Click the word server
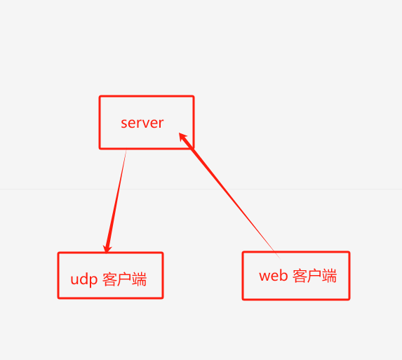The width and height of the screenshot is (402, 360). (x=142, y=123)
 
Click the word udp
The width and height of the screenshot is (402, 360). (x=84, y=279)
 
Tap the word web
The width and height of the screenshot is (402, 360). (x=273, y=276)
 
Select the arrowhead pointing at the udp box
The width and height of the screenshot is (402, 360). (x=107, y=248)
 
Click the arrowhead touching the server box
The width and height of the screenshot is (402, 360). (x=183, y=137)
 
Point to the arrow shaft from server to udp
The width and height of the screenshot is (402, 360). (x=116, y=200)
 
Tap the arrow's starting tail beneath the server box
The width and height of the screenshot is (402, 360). (x=126, y=152)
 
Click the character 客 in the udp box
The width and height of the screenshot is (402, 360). (x=109, y=279)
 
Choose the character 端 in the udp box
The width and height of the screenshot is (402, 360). (x=139, y=279)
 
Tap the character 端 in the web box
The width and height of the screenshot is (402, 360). (x=329, y=276)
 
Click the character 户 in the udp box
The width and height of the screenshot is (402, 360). (x=124, y=279)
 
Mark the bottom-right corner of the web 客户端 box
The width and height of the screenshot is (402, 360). (x=349, y=299)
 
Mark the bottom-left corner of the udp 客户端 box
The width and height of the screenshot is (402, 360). (x=58, y=298)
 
